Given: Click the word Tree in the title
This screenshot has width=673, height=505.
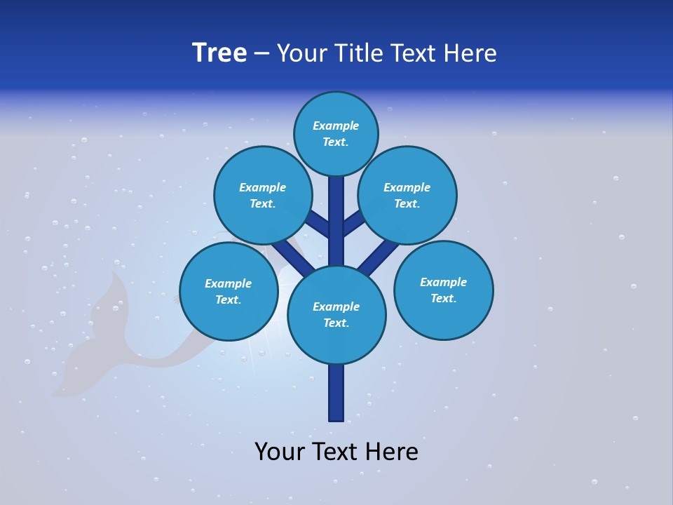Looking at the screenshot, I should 219,53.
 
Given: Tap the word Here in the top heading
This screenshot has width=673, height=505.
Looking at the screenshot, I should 470,53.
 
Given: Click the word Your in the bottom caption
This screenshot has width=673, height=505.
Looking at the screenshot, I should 280,452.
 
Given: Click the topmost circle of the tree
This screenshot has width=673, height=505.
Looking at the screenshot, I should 336,133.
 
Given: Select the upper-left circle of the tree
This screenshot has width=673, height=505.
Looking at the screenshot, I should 263,195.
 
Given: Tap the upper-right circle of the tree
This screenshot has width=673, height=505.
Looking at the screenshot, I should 407,195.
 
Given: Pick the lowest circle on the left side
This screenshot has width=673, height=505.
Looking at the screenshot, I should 229,291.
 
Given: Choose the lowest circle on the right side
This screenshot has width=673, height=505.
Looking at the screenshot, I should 444,290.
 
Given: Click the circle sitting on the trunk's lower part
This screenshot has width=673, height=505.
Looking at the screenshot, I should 336,314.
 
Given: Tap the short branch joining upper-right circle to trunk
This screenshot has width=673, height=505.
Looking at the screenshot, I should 354,224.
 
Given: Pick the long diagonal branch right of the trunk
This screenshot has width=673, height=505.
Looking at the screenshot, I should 379,257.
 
